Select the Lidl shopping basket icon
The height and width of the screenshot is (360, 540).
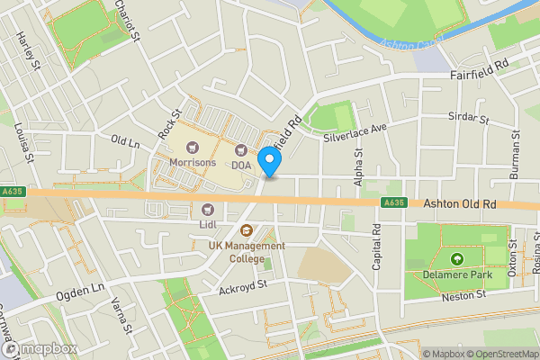tap(208, 210)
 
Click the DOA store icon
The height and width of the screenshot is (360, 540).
tap(241, 150)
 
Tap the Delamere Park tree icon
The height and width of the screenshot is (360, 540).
tap(458, 260)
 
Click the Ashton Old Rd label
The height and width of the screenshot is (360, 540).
tap(459, 205)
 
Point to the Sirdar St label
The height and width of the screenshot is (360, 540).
tap(468, 119)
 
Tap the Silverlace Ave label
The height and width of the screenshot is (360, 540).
tap(355, 132)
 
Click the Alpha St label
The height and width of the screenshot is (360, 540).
tap(358, 168)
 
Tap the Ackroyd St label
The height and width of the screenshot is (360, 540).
tap(243, 286)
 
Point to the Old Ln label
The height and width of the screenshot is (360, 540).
tap(126, 141)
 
